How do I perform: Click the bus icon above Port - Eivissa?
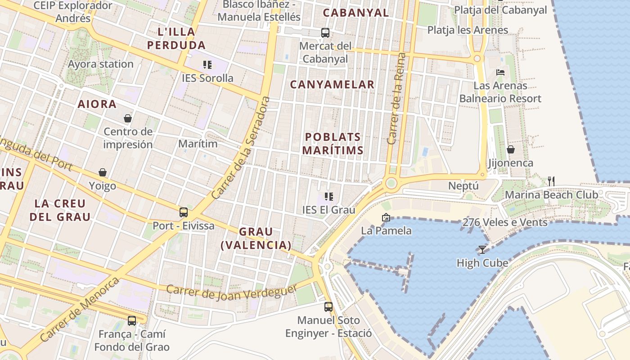click(x=184, y=212)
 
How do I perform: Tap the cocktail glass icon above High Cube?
click(x=482, y=249)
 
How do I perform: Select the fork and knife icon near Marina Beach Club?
click(x=551, y=181)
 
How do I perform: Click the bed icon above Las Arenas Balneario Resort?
click(x=500, y=72)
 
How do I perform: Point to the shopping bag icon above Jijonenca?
click(x=511, y=149)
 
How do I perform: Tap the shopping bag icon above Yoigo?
click(x=103, y=172)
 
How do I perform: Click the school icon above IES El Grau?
click(x=329, y=197)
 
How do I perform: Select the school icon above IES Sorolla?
click(x=207, y=65)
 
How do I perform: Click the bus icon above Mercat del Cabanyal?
click(x=325, y=32)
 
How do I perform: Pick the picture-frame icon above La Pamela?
click(x=386, y=217)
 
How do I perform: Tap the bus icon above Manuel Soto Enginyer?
click(x=328, y=307)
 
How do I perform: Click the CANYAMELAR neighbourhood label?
click(x=332, y=84)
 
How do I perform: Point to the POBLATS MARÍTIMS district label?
click(x=333, y=144)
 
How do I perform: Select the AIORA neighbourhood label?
click(x=97, y=104)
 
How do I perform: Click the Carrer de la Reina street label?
click(x=396, y=99)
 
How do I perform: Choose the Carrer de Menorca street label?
click(x=80, y=309)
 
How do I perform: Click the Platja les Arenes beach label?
click(x=468, y=30)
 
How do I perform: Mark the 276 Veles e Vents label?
click(x=505, y=222)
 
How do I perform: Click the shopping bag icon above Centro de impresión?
click(x=128, y=118)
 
